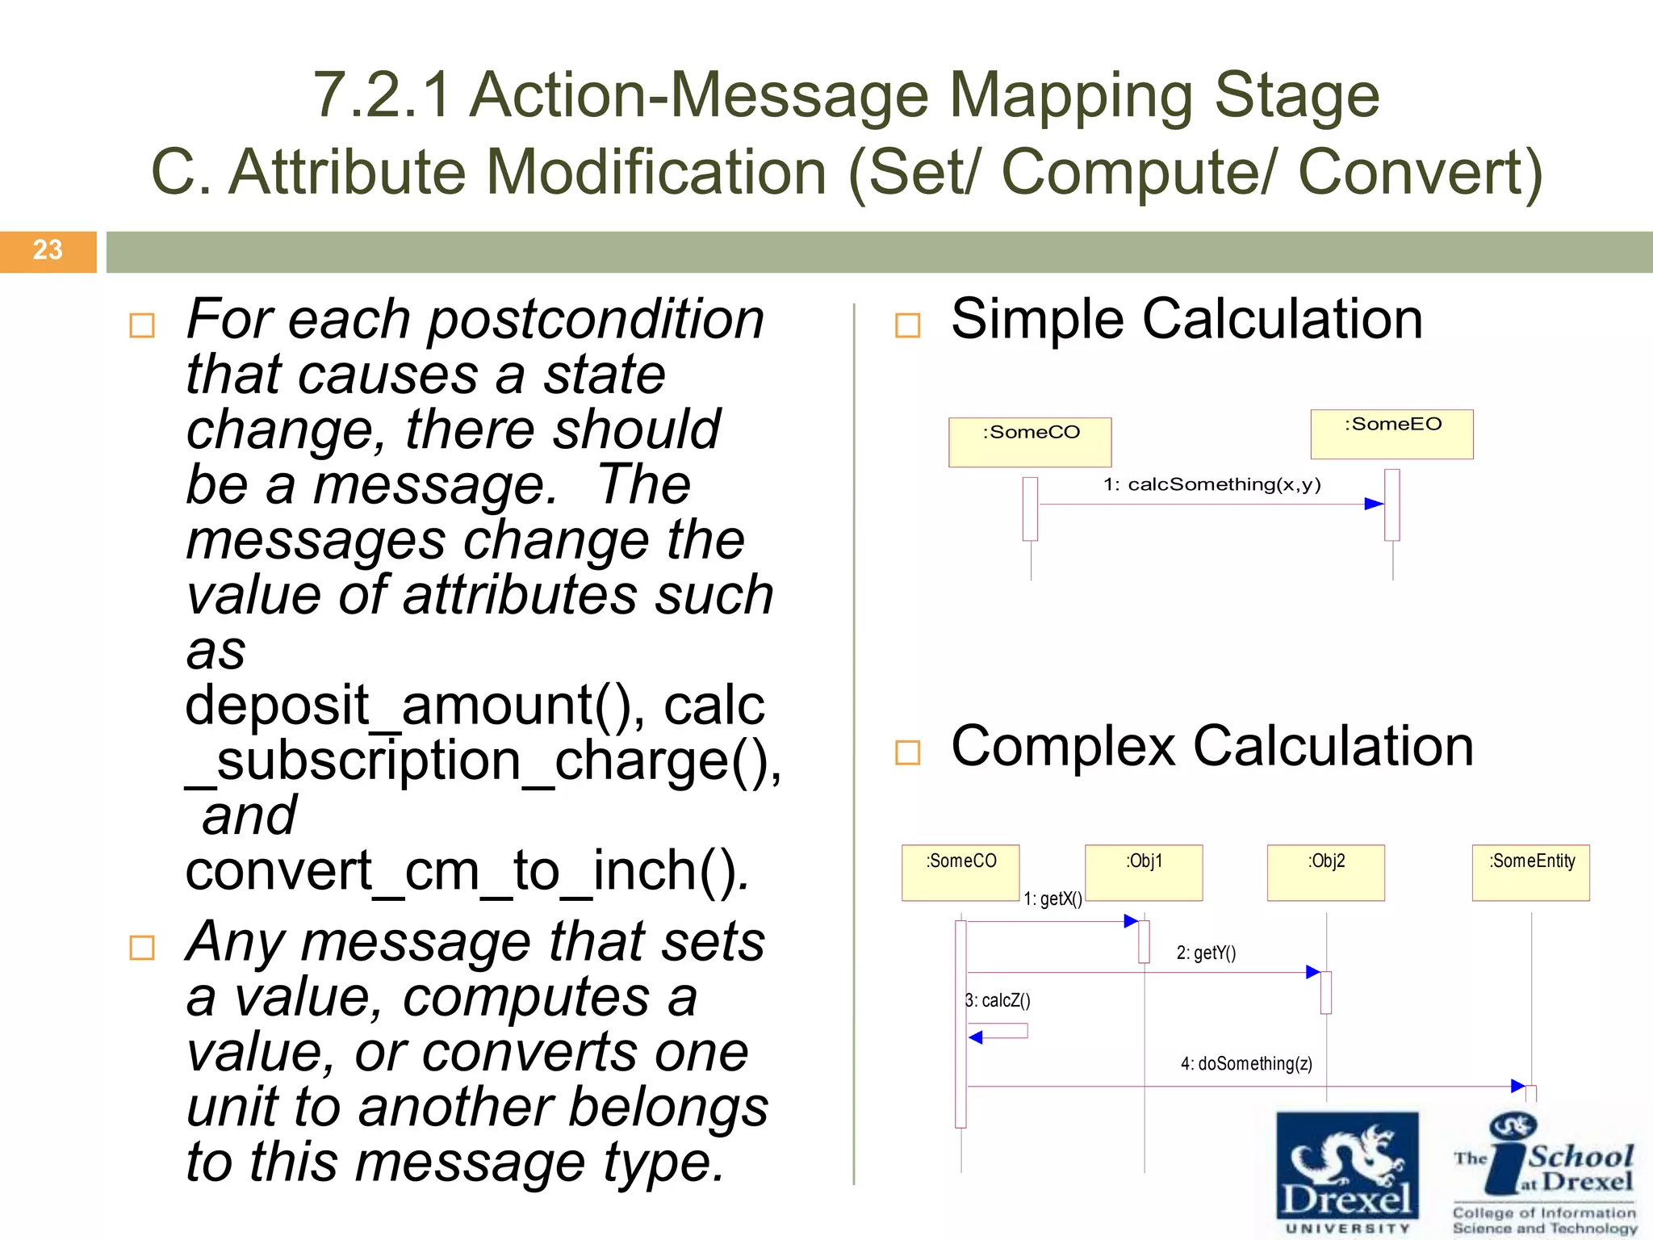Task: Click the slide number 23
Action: (x=48, y=250)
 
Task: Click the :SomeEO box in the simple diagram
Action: (x=1391, y=434)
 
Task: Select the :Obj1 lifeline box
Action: (x=1144, y=872)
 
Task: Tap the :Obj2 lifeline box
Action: (x=1325, y=872)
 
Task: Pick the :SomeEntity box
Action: (x=1530, y=872)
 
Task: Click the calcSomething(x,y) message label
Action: (x=1212, y=484)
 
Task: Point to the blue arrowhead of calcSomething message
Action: (x=1374, y=504)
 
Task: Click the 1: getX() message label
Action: (x=1052, y=899)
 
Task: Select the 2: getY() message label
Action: (x=1206, y=953)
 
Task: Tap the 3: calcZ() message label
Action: (x=999, y=1001)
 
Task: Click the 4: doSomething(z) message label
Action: (x=1246, y=1064)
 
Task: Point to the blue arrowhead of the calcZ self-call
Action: (x=976, y=1037)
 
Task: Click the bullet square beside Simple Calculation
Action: (x=908, y=325)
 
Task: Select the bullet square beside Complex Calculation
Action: (x=908, y=752)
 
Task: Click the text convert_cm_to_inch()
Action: (x=467, y=871)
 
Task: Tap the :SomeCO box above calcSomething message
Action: (x=1030, y=442)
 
